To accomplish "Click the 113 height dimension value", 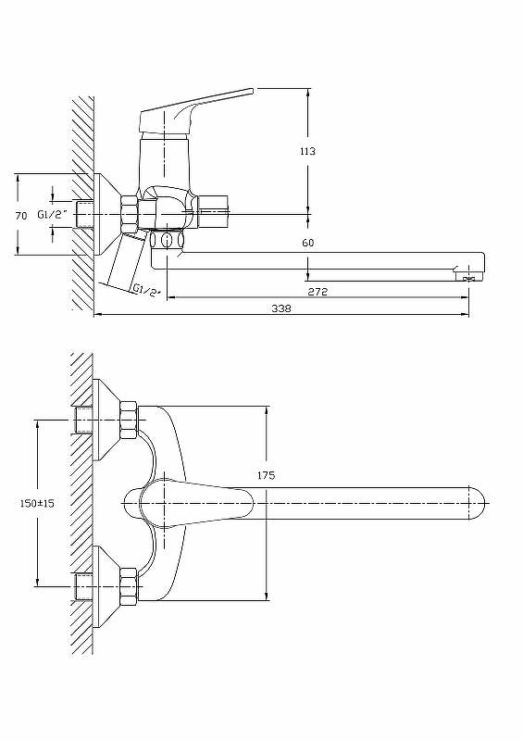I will point(308,151).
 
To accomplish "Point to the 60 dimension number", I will point(308,243).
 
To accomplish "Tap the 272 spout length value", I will point(318,291).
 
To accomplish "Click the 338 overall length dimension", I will point(281,308).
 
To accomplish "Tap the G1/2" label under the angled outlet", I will point(146,290).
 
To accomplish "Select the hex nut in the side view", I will point(128,214).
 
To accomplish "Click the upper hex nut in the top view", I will point(128,421).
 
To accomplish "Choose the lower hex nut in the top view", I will point(128,585).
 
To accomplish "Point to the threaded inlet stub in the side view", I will point(85,214).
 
